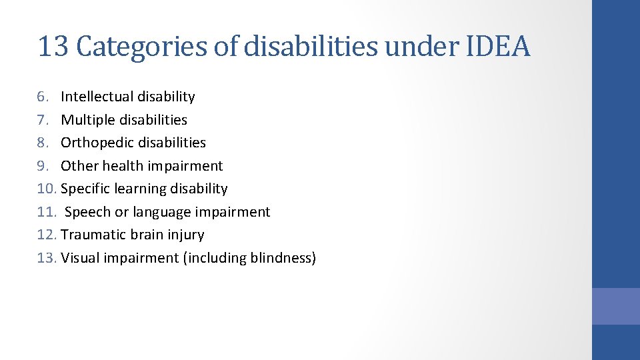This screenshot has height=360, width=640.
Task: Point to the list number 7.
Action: [43, 120]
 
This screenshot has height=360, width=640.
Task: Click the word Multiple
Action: [85, 120]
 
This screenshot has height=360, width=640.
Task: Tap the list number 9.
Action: [43, 166]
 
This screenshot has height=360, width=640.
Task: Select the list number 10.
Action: [47, 189]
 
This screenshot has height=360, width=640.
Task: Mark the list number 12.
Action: [47, 235]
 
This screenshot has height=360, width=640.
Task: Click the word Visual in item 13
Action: [79, 258]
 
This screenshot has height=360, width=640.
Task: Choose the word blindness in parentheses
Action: [280, 258]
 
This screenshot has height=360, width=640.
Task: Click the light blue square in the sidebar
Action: [615, 306]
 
